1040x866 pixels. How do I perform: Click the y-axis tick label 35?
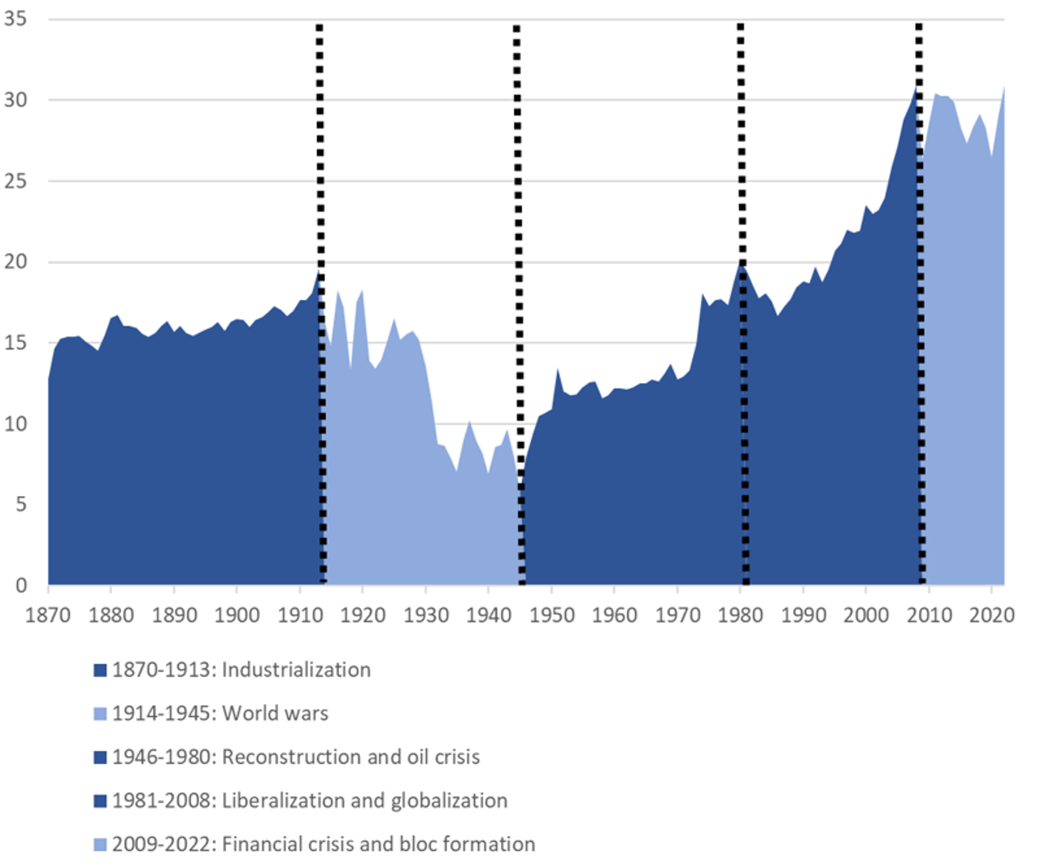(x=16, y=19)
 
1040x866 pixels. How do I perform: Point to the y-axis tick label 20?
(x=16, y=262)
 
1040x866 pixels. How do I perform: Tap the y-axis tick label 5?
(x=21, y=505)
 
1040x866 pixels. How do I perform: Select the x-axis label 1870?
(x=47, y=615)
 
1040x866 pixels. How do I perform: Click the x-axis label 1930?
(x=426, y=615)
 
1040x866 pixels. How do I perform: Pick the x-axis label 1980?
(x=740, y=615)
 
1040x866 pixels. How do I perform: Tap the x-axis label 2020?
(x=991, y=615)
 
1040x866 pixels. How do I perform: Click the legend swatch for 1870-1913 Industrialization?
(x=100, y=670)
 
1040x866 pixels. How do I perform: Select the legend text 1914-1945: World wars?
(x=220, y=713)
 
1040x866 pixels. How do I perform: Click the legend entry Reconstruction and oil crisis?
(x=351, y=757)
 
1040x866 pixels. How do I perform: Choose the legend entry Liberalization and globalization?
(x=365, y=800)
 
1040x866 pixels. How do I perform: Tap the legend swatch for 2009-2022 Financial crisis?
(x=100, y=845)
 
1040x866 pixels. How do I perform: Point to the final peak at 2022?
(x=1004, y=87)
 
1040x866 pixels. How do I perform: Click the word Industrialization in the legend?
(x=296, y=670)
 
